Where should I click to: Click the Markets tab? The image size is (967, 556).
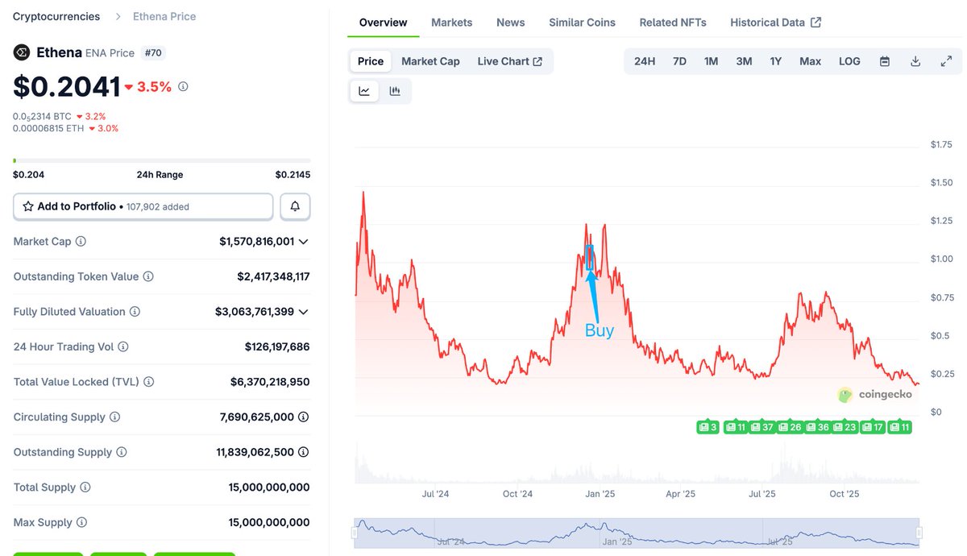tap(451, 23)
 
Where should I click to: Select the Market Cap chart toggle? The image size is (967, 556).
tap(430, 61)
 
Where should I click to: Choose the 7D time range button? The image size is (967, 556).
tap(679, 61)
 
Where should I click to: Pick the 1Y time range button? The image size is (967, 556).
tap(775, 61)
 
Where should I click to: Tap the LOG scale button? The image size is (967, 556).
tap(849, 61)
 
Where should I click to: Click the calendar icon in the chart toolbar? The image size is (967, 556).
tap(885, 61)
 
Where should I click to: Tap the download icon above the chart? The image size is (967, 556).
tap(915, 61)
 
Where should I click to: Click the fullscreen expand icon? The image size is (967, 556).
tap(946, 61)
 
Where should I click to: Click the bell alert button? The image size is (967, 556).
tap(295, 206)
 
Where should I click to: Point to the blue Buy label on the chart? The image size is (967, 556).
tap(599, 330)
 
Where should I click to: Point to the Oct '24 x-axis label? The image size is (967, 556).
tap(517, 494)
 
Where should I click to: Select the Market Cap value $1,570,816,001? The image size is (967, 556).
tap(256, 241)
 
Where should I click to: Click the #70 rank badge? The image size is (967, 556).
tap(152, 53)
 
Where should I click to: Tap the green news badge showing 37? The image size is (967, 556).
tap(762, 427)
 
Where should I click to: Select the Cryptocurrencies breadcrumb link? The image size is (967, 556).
tap(56, 16)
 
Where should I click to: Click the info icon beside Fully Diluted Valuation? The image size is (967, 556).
tap(135, 312)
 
